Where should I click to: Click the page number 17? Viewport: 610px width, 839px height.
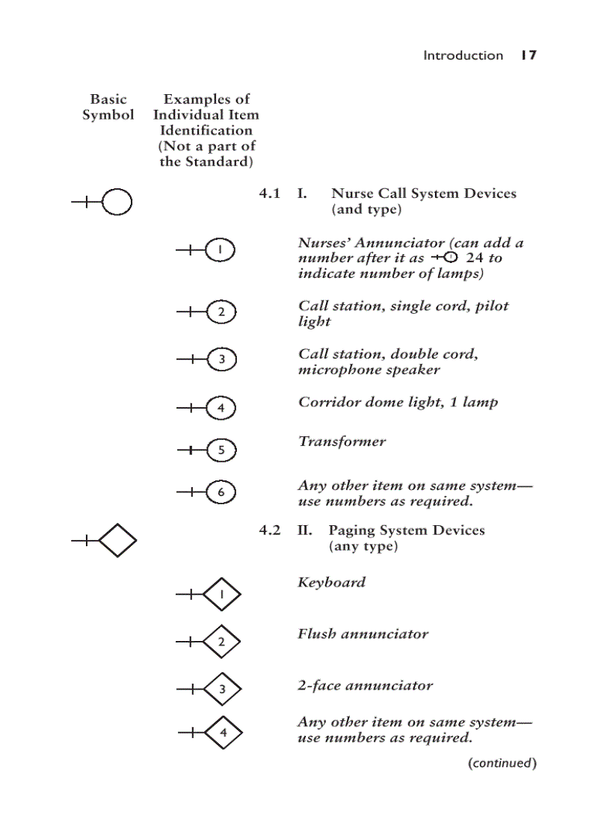coord(529,55)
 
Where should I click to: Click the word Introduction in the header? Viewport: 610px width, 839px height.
coord(463,55)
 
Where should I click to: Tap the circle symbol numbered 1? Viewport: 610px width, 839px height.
coord(220,251)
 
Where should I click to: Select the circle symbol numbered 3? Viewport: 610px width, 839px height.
coord(221,359)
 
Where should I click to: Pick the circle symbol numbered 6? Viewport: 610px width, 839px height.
coord(221,492)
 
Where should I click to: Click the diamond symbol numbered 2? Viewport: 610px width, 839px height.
coord(221,642)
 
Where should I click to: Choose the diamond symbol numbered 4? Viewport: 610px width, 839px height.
coord(223,733)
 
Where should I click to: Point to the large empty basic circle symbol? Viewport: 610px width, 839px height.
coord(117,202)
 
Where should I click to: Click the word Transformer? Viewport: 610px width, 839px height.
coord(342,442)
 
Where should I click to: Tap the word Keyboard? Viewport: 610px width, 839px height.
coord(331,582)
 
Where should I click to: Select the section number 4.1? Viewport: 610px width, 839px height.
coord(269,194)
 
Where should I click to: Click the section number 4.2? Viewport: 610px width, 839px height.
coord(269,530)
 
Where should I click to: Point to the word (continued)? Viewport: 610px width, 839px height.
coord(502,763)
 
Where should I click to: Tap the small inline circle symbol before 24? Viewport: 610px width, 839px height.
coord(450,258)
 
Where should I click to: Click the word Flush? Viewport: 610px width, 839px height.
coord(316,634)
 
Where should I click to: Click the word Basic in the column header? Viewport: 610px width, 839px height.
coord(108,99)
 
